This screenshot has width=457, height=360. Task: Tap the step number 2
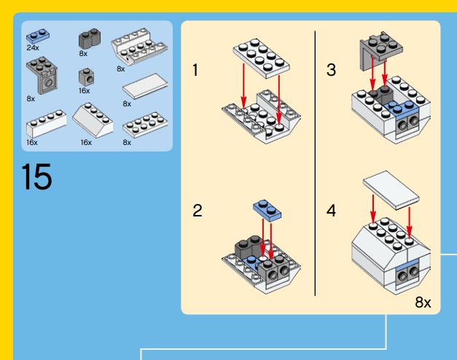(x=197, y=211)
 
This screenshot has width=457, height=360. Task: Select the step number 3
(x=332, y=71)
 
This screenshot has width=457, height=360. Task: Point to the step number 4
(x=332, y=211)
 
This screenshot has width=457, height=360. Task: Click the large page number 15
(x=36, y=178)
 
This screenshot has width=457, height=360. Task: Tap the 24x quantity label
(x=31, y=48)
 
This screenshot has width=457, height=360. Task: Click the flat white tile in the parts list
(x=144, y=90)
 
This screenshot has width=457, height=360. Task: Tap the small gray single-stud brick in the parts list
(x=85, y=77)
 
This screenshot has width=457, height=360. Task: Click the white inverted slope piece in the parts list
(x=138, y=47)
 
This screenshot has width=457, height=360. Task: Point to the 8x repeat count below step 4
(x=423, y=302)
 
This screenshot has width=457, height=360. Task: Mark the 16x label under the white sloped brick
(x=86, y=142)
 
